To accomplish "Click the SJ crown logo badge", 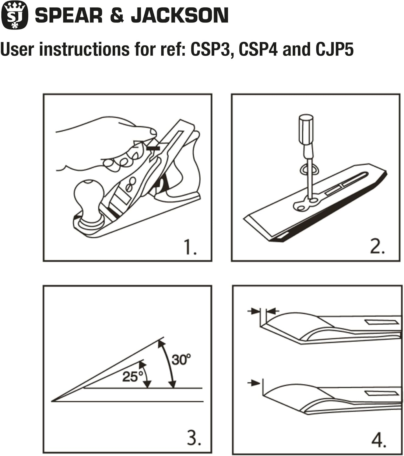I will click(x=14, y=15).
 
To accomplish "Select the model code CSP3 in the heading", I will click(x=209, y=49).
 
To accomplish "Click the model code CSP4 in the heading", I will click(x=258, y=49).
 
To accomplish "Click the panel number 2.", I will click(x=377, y=247).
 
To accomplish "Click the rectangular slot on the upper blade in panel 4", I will click(x=382, y=322).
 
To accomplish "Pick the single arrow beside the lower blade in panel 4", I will click(x=254, y=383).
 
